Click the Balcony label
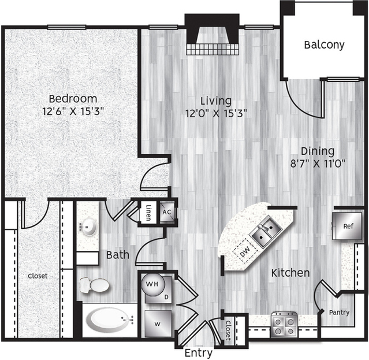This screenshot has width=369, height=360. pos(324,44)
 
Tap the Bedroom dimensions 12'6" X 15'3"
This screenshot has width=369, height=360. pos(73,111)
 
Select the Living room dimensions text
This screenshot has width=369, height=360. pos(216,113)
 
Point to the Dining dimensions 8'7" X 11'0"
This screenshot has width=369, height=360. pos(318,163)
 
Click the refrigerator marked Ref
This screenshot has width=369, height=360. pos(347,226)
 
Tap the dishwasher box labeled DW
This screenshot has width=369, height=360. pos(245,251)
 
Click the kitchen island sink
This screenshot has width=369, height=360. pos(266,233)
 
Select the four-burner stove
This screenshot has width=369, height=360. pos(284,324)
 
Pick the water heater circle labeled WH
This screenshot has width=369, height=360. pos(152,284)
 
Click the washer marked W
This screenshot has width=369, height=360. pos(158,324)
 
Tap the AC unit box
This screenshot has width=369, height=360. pos(167,212)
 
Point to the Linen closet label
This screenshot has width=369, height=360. pos(148,213)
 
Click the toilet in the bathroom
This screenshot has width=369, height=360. pos(94,285)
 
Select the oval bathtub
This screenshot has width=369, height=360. pos(110,320)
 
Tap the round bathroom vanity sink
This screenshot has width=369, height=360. pos(88,227)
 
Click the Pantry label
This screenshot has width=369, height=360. pos(339,313)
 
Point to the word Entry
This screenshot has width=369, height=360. pos(199,353)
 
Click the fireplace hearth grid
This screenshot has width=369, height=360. pos(213,49)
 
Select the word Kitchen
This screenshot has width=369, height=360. pos(290,273)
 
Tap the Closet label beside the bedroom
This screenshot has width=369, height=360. pos(38,276)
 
